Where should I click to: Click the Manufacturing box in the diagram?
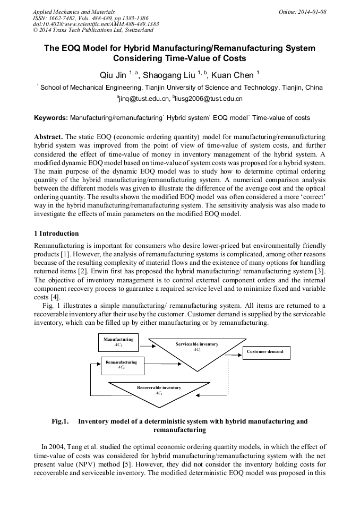click(118, 342)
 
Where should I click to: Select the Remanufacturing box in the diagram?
click(121, 365)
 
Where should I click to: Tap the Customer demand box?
click(265, 352)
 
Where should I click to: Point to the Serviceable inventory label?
click(196, 344)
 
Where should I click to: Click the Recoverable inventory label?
click(159, 388)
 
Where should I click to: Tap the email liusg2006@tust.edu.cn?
click(209, 99)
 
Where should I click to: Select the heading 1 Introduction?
click(56, 234)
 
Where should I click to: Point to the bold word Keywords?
click(51, 117)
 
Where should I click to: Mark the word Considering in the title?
click(143, 58)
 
